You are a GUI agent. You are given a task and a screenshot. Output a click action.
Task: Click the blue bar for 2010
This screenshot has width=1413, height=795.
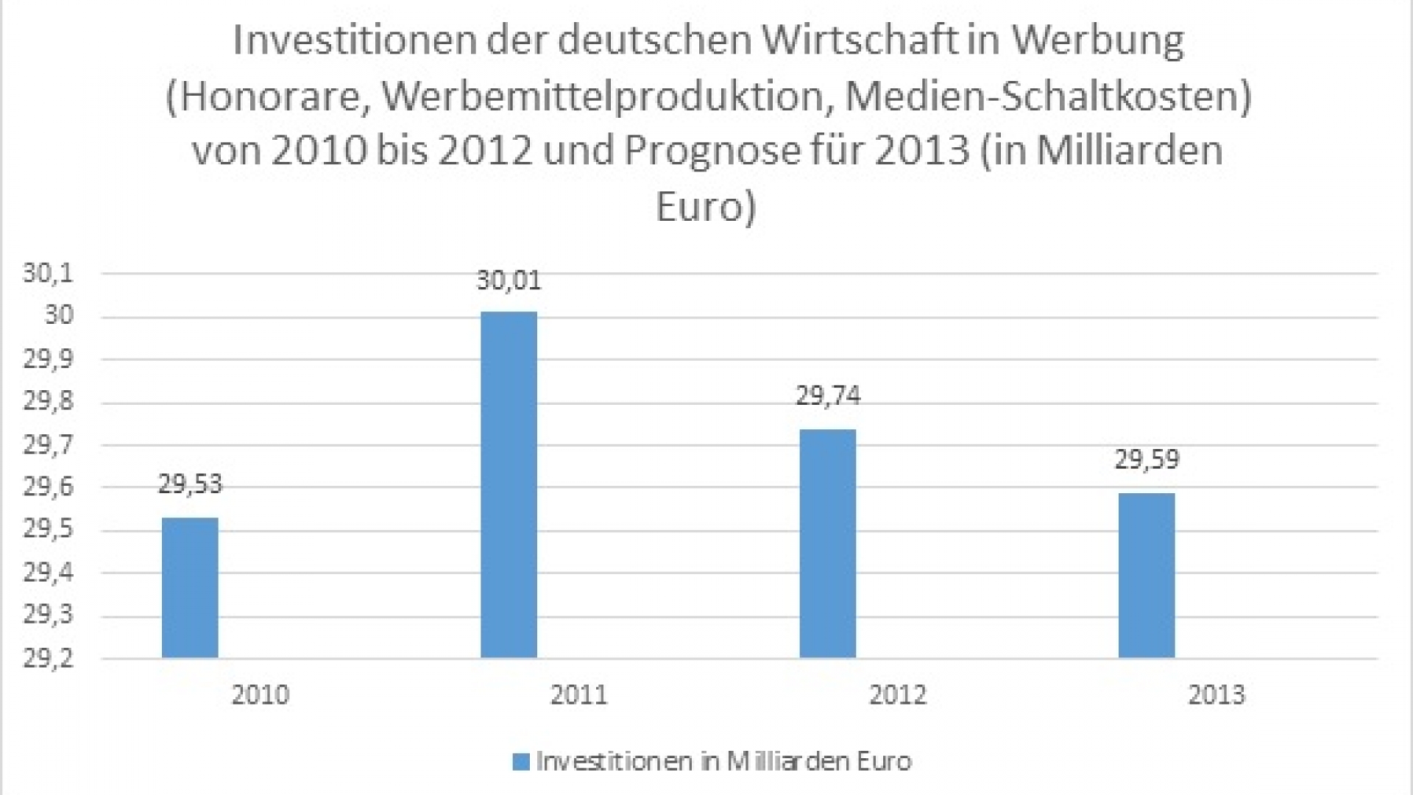pos(190,587)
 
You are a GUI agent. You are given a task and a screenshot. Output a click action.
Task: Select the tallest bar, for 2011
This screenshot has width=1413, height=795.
pos(509,484)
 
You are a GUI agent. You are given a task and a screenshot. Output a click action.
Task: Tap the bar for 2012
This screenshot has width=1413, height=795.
pos(828,543)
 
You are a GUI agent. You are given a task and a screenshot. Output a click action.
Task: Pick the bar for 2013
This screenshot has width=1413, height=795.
pos(1147,575)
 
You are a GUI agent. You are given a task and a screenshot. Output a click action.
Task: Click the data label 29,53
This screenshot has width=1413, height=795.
pos(190,484)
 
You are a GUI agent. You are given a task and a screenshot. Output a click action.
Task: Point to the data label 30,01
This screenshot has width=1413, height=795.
pos(509,280)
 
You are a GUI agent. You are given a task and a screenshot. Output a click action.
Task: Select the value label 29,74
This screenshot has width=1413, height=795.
pos(828,396)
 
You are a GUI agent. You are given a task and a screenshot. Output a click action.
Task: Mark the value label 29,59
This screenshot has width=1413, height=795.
pos(1147,459)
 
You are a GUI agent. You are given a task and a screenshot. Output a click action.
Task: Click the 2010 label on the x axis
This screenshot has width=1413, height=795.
pos(261,694)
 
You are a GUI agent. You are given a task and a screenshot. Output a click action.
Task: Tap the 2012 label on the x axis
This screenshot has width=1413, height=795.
pos(898,694)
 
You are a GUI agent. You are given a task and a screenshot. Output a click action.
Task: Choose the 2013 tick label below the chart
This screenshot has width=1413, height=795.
pos(1217,694)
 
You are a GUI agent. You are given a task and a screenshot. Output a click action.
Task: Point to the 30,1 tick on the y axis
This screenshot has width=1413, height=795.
pos(49,274)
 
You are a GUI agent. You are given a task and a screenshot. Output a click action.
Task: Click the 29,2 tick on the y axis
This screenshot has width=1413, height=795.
pos(49,658)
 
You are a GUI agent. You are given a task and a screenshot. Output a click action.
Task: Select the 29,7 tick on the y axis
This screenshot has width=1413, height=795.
pos(49,445)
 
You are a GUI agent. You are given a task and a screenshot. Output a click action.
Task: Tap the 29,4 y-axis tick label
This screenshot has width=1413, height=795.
pos(49,573)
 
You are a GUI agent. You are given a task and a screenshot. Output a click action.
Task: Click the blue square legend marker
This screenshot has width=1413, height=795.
pos(521,761)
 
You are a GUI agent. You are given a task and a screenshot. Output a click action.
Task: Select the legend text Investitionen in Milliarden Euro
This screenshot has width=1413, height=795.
pos(723,761)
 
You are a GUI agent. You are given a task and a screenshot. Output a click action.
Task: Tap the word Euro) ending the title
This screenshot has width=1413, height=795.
pos(705,208)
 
